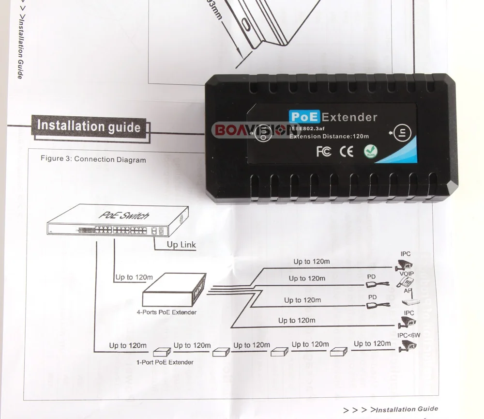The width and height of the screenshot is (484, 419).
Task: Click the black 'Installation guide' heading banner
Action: coord(89,126)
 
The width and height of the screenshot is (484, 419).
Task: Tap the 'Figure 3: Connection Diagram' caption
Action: coord(93,159)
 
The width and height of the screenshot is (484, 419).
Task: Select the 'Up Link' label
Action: coord(181,245)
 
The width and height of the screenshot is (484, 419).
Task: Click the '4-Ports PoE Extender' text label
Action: coord(166,312)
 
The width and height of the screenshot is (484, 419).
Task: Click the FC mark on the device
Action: coord(323,152)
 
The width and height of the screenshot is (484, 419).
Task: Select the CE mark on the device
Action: coord(347,152)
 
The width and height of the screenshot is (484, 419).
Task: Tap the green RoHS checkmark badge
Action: coord(371,152)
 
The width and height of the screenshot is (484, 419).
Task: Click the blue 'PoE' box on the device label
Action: coord(303,117)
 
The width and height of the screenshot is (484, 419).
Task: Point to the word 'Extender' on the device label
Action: coord(349,117)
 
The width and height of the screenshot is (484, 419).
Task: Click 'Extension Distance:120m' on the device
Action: coord(329,137)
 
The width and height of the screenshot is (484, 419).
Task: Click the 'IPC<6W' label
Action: coord(408,335)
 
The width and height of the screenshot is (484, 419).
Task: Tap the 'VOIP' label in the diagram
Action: coord(407,274)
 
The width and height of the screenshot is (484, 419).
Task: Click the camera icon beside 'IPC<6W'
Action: coord(408,346)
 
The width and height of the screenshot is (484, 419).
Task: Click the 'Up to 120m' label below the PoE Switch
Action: coord(134,277)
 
